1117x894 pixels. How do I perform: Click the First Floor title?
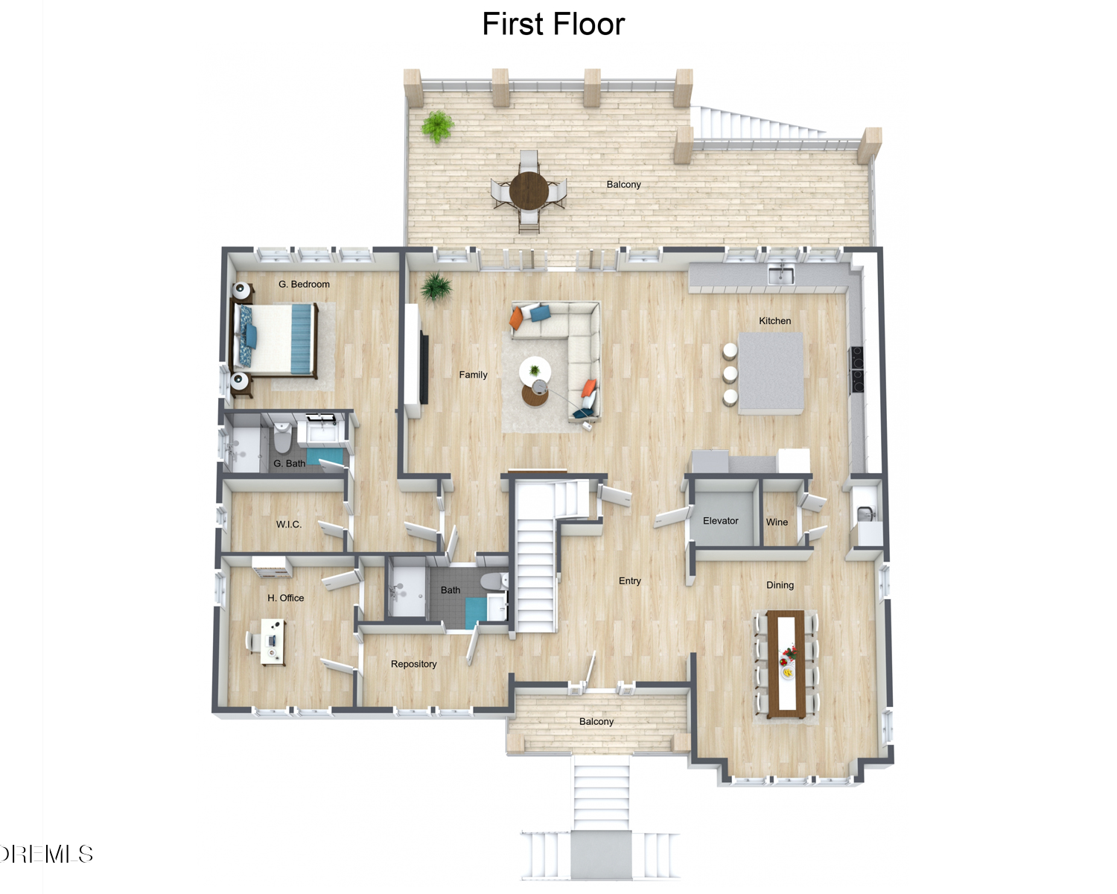click(x=553, y=24)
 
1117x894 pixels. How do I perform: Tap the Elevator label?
click(x=720, y=521)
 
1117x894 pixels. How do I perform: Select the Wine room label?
click(x=777, y=522)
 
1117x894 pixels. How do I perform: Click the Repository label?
click(x=414, y=664)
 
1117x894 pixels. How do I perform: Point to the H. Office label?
click(x=285, y=598)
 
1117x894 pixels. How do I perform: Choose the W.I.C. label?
click(x=289, y=524)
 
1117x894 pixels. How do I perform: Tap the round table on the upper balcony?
click(x=529, y=191)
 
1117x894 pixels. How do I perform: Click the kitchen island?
click(x=771, y=373)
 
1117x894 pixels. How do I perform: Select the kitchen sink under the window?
click(x=781, y=276)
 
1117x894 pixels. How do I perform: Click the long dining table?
click(x=786, y=665)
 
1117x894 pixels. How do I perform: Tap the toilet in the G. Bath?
click(x=282, y=437)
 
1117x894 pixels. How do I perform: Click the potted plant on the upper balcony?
click(x=438, y=126)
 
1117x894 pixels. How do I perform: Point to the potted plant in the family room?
click(x=436, y=288)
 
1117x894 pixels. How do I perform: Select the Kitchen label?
click(x=775, y=321)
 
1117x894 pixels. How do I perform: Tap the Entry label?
click(x=629, y=581)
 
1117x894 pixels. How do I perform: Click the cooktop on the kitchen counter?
click(x=856, y=370)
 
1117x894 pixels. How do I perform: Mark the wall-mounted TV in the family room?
click(x=424, y=369)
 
